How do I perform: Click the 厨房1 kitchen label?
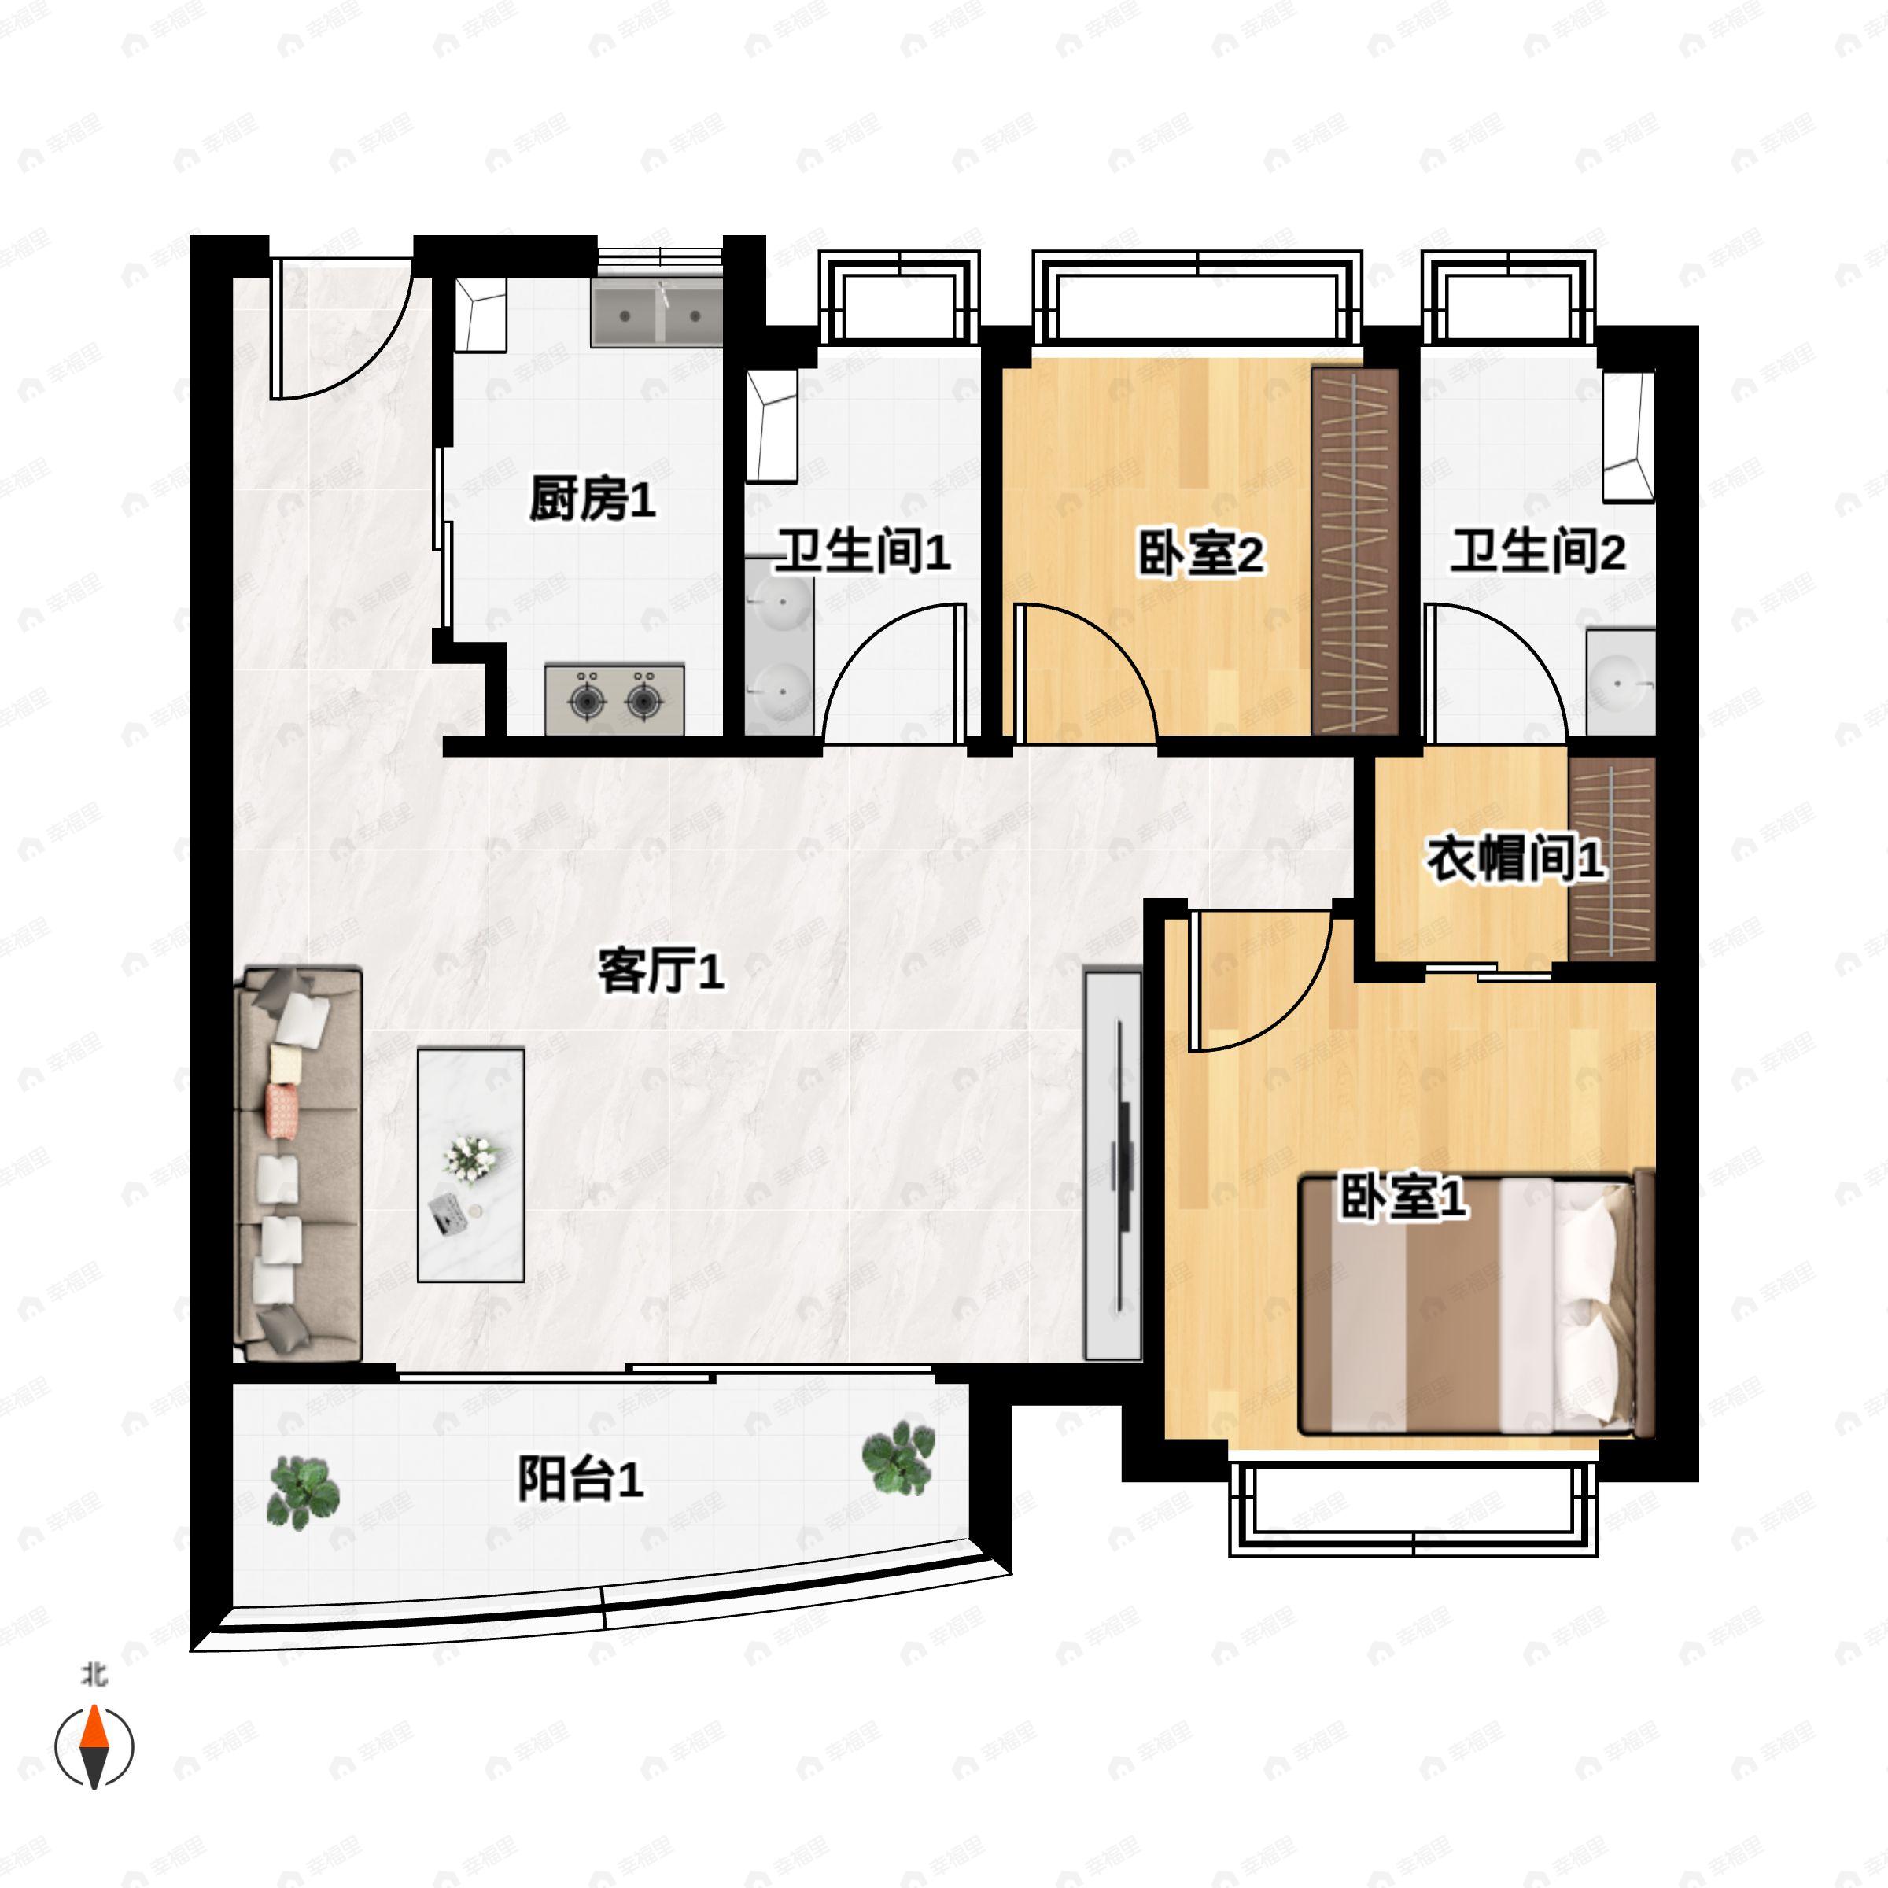(x=592, y=500)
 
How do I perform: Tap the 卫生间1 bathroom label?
(x=863, y=552)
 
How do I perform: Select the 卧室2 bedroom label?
(x=1200, y=554)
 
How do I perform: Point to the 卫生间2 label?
(x=1537, y=551)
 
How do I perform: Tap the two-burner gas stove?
(x=614, y=699)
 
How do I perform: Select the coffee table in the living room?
(x=471, y=1165)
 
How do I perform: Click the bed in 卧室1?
(x=1477, y=1306)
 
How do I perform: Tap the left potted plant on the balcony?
(x=304, y=1493)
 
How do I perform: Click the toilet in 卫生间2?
(x=1629, y=436)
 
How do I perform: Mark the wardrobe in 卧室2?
(x=1355, y=551)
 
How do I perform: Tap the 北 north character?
(x=94, y=1676)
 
